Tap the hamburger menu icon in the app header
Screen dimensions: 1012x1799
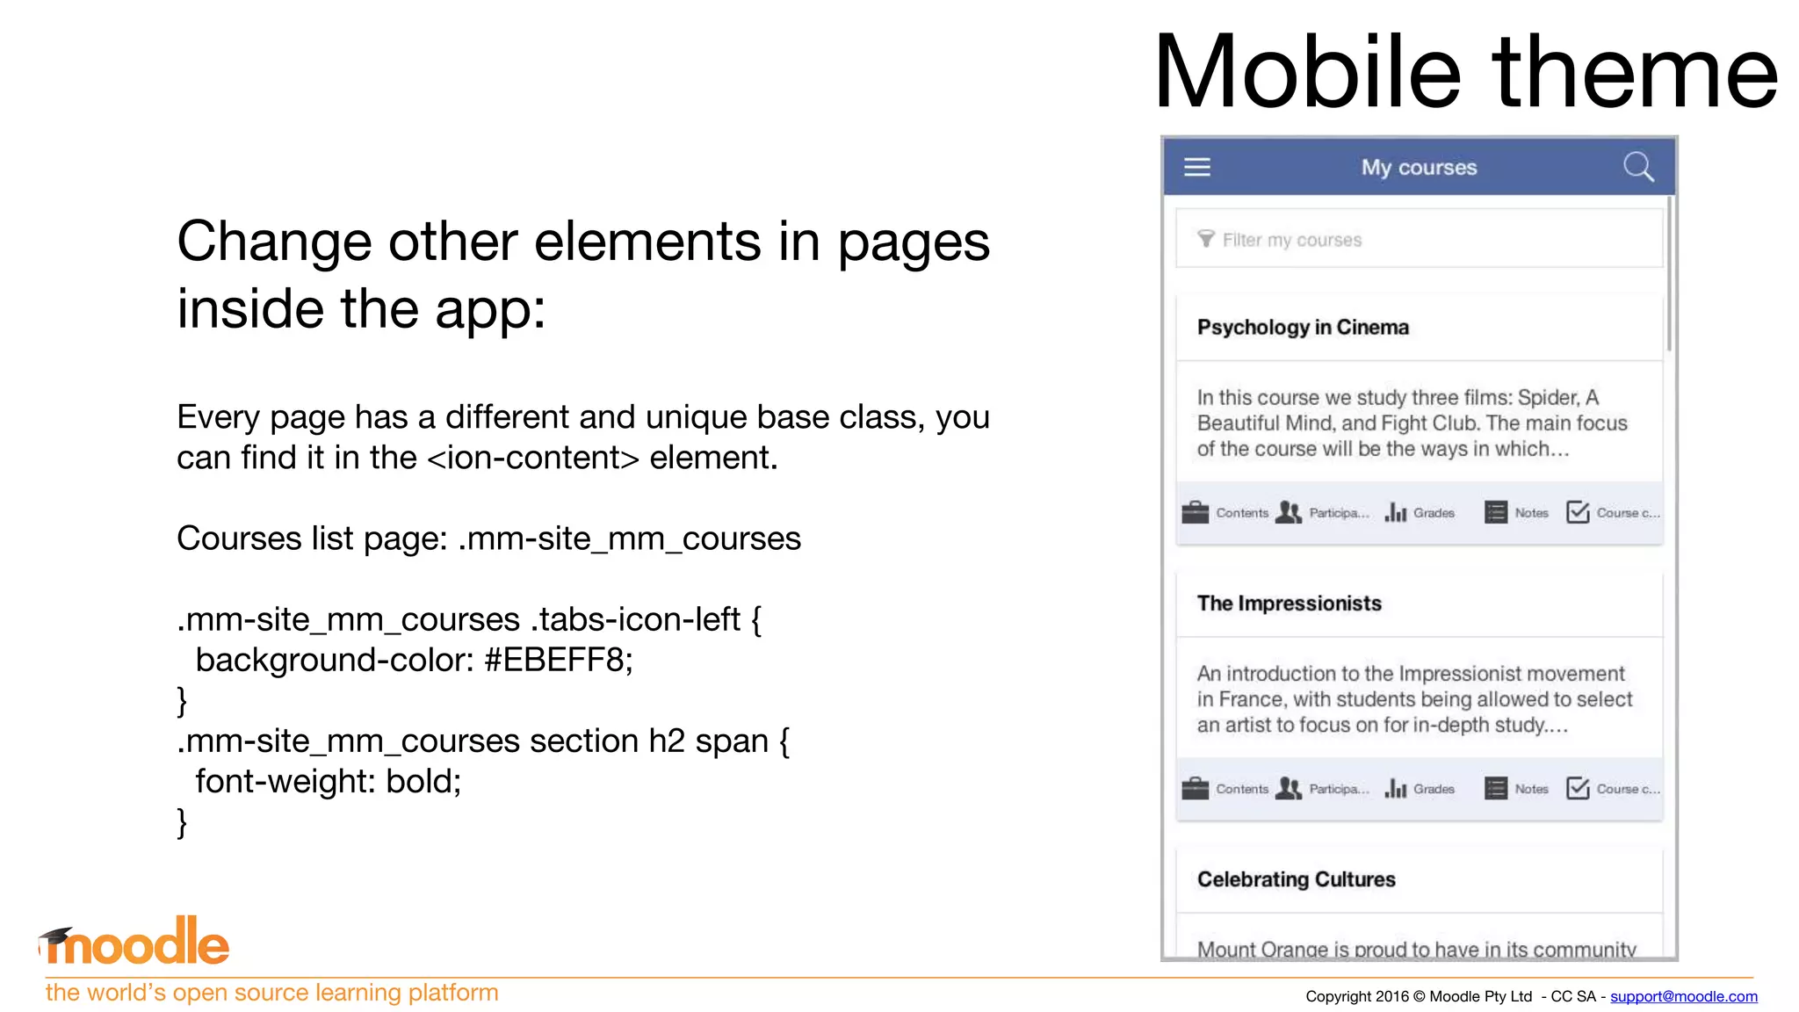point(1196,167)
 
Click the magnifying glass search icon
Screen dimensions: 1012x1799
point(1638,166)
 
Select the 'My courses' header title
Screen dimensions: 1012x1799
point(1419,167)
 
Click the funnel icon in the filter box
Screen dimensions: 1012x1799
point(1206,239)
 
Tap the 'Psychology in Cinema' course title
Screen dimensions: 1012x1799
point(1303,327)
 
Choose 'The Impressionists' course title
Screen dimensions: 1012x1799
point(1289,603)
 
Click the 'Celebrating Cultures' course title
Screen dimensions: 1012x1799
point(1296,879)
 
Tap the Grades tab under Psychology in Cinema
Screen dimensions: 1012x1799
point(1420,512)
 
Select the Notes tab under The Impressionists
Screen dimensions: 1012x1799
point(1517,789)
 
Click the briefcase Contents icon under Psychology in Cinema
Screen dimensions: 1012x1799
point(1196,512)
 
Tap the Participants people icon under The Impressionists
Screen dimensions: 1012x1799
point(1289,788)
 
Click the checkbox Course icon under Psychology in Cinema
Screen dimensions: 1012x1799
point(1578,512)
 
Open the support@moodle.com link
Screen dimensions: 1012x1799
point(1683,996)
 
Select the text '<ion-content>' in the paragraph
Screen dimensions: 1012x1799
point(533,458)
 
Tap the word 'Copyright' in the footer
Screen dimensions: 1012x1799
point(1339,996)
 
